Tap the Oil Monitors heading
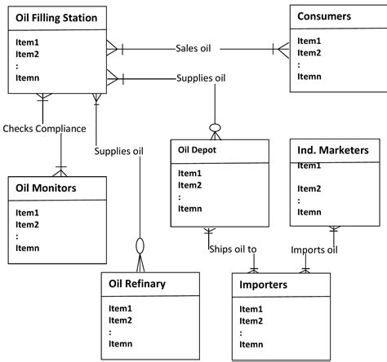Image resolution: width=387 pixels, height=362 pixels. (x=47, y=188)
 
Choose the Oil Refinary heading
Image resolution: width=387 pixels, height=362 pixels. (x=137, y=284)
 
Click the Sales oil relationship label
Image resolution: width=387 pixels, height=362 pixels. (x=193, y=48)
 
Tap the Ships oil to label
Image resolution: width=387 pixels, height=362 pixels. (x=233, y=249)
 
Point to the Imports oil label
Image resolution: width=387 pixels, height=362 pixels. (x=314, y=249)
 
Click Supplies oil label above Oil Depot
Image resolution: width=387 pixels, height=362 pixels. (x=201, y=78)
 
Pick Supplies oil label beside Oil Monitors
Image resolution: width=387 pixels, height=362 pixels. (x=118, y=151)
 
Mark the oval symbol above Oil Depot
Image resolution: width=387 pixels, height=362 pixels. (x=216, y=128)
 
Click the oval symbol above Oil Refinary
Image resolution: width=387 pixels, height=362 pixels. (x=140, y=245)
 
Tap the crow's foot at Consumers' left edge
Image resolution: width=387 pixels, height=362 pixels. (x=283, y=48)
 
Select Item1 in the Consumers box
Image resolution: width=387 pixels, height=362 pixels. (x=309, y=40)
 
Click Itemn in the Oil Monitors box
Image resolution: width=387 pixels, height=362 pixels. (x=27, y=247)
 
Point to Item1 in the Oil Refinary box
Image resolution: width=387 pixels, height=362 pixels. (x=120, y=309)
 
